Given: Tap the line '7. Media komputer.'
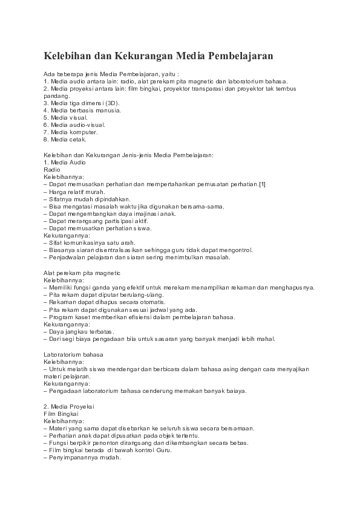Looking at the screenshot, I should pyautogui.click(x=70, y=132).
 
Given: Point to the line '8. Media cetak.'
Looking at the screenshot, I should pyautogui.click(x=65, y=140).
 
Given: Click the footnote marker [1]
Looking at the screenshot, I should pyautogui.click(x=262, y=184).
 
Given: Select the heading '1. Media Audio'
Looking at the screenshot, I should pyautogui.click(x=65, y=162).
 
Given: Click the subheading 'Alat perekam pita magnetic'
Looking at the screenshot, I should pyautogui.click(x=82, y=273).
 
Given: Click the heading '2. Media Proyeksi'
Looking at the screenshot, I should pyautogui.click(x=69, y=405).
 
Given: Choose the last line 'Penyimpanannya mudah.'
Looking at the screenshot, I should pyautogui.click(x=82, y=457).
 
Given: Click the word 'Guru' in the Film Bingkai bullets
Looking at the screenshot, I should pyautogui.click(x=163, y=450).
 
